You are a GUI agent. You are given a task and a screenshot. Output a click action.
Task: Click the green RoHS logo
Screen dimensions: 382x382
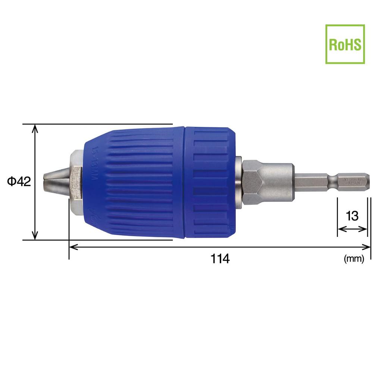[x=345, y=44]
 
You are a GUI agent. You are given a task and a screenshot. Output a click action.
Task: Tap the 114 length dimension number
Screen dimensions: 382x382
[x=220, y=259]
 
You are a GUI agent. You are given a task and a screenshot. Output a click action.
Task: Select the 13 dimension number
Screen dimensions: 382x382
[x=352, y=216]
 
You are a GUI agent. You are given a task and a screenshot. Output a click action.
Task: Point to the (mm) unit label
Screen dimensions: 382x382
[x=354, y=259]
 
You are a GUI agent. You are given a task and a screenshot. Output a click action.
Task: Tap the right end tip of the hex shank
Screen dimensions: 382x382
[x=368, y=182]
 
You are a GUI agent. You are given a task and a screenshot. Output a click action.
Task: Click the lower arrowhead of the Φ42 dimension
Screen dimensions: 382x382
[x=35, y=236]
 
